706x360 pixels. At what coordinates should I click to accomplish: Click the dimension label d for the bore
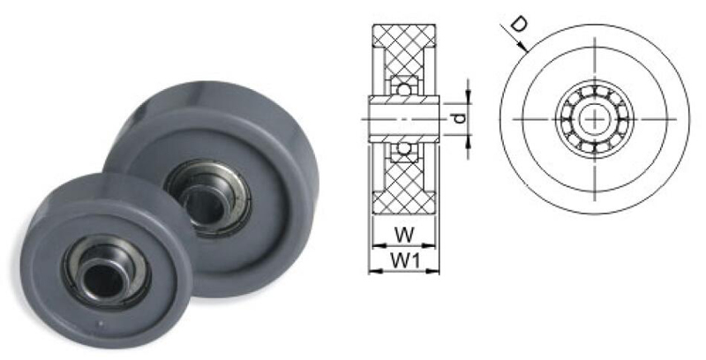click(457, 116)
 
